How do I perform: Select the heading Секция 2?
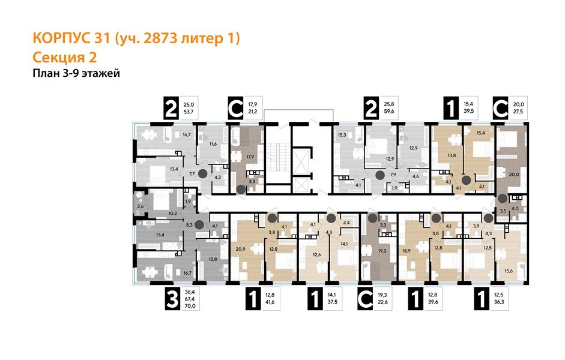click(63, 58)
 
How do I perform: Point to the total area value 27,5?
click(518, 111)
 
